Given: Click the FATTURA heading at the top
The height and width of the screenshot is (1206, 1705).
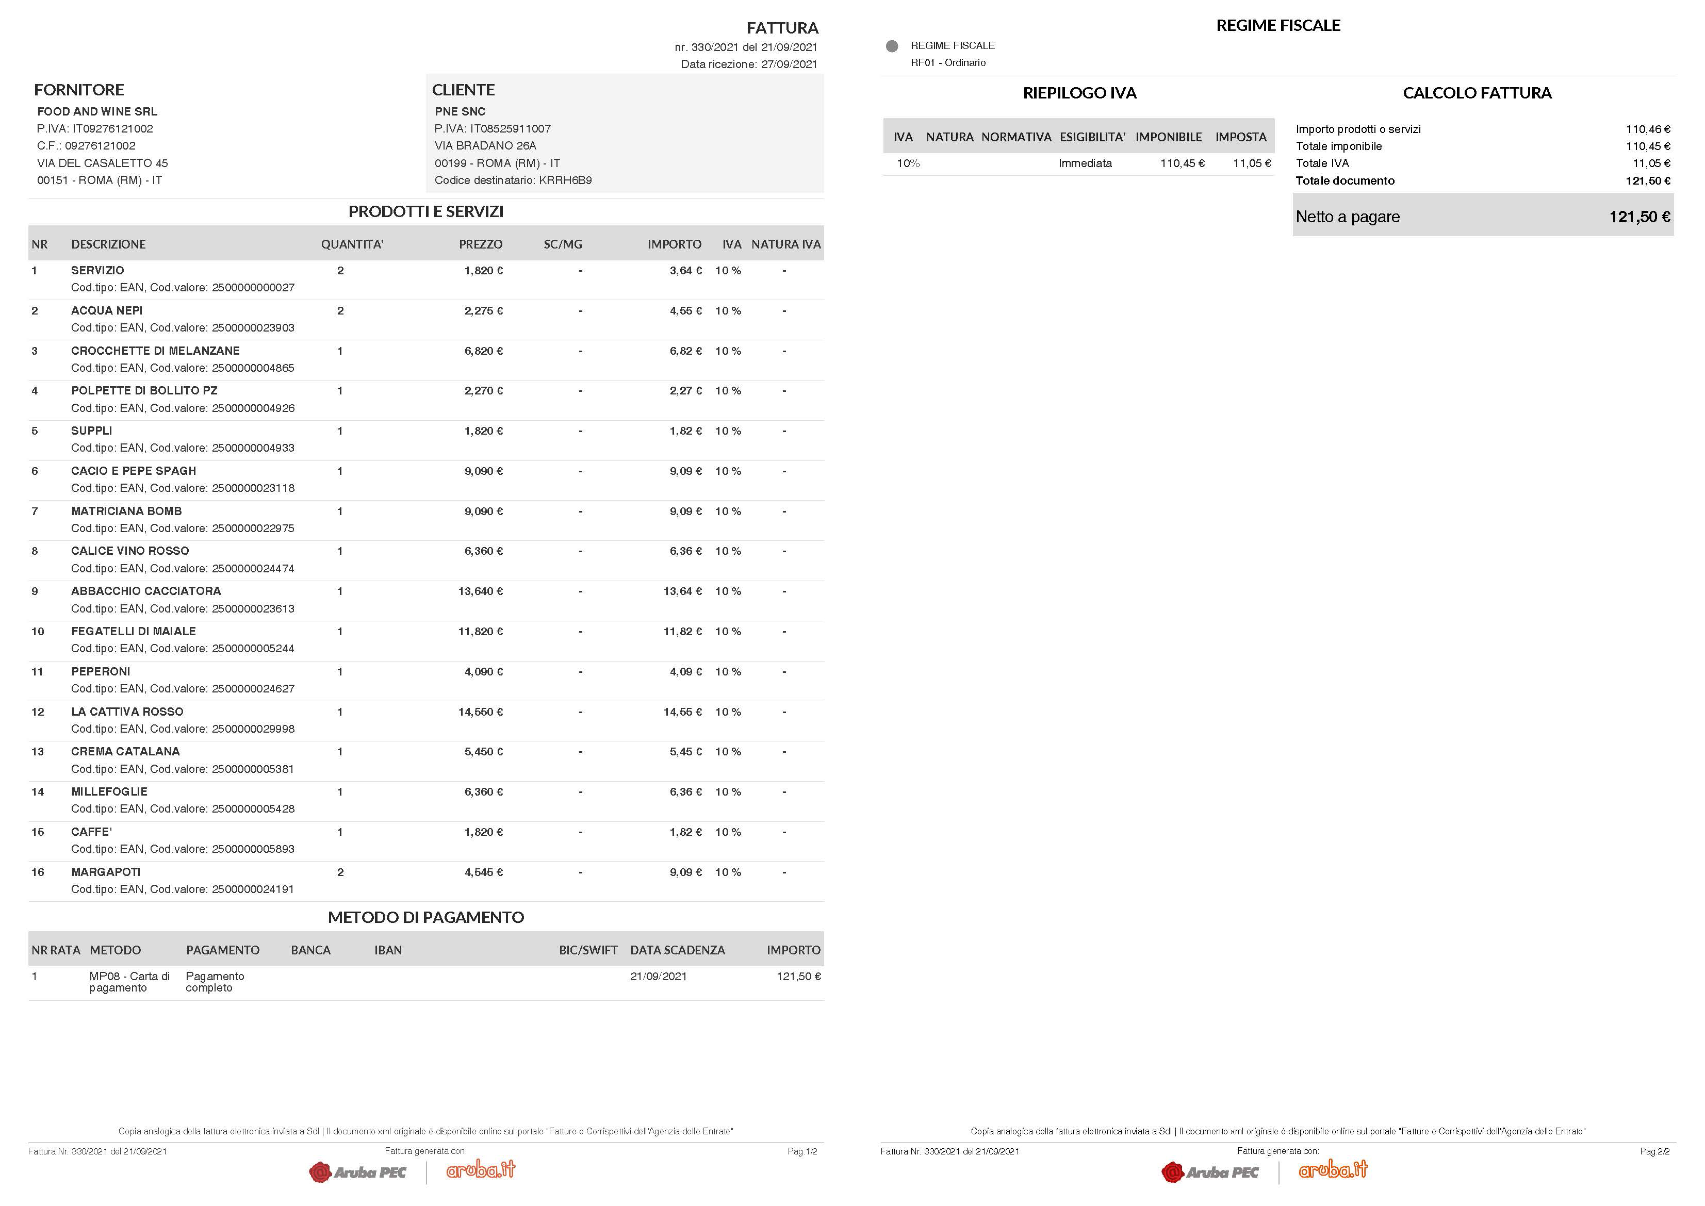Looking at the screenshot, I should point(782,28).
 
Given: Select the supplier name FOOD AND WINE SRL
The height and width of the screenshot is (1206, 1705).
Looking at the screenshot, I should point(97,111).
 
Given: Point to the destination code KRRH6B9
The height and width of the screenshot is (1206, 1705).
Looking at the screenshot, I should point(565,180).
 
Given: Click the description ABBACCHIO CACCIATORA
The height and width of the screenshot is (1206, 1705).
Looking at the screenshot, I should point(145,591).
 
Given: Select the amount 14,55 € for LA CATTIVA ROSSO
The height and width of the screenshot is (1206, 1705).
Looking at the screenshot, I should point(682,712).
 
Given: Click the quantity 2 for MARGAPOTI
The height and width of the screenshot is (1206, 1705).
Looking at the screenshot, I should point(340,872).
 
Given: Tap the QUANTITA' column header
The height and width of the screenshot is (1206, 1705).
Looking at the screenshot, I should point(352,244).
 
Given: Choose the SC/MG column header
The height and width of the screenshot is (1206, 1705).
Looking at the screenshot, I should point(562,244).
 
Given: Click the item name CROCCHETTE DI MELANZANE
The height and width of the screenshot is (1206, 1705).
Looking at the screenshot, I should point(155,351).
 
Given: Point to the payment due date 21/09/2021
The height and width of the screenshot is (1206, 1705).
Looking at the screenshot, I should point(658,977).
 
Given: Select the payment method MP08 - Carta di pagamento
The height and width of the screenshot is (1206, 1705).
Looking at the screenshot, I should point(129,982).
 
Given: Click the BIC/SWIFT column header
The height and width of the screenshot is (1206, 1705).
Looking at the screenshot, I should point(587,950).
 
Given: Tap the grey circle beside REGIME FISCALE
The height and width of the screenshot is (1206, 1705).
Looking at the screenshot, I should point(892,46).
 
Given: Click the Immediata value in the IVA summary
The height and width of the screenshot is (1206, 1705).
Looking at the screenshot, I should point(1085,163).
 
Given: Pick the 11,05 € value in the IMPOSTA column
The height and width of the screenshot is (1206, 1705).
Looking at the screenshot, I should point(1251,163).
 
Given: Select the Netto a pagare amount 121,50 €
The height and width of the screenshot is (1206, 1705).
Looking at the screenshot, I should point(1639,217).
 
